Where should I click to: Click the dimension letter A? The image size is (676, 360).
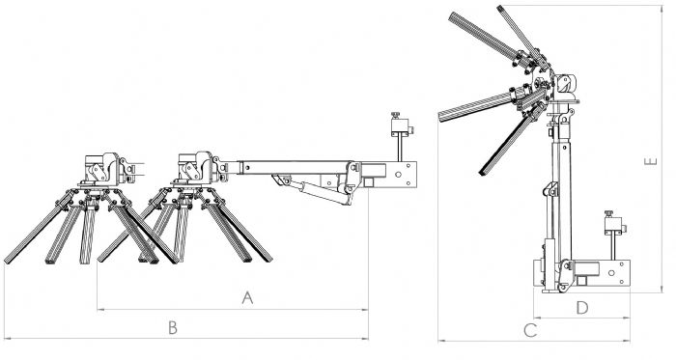[x=247, y=298]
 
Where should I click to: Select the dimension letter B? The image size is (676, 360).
[x=173, y=328]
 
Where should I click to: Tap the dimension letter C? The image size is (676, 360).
[x=530, y=331]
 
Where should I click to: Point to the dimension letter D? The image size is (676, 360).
[x=582, y=308]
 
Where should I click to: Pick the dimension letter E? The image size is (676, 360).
[x=651, y=161]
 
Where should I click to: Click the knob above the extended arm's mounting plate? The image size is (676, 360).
[x=395, y=115]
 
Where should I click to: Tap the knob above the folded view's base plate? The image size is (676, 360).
[x=608, y=213]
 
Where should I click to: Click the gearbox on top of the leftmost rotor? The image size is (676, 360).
[x=103, y=169]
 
